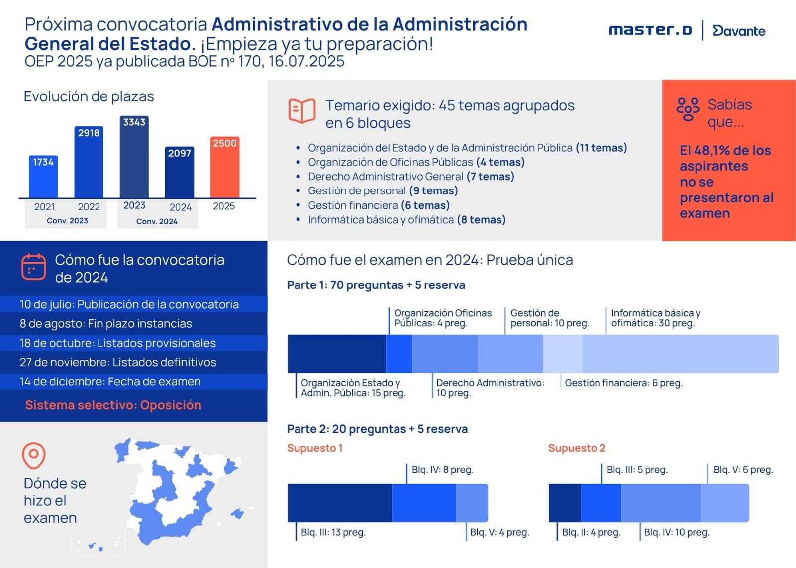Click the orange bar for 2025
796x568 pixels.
click(224, 167)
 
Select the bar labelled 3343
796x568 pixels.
click(134, 157)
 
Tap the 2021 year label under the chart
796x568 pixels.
click(44, 206)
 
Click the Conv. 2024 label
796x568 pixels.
click(157, 221)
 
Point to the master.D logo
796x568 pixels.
click(650, 30)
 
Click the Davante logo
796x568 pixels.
click(739, 31)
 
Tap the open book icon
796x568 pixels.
click(301, 111)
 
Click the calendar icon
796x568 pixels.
click(34, 267)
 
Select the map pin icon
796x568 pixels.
click(34, 456)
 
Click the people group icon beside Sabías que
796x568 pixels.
click(688, 109)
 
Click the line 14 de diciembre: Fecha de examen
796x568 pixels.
click(110, 381)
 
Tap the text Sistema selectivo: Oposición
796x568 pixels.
click(113, 405)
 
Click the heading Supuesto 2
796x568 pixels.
click(577, 448)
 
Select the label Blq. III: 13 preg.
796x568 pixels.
click(333, 532)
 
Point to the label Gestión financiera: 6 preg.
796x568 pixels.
click(624, 383)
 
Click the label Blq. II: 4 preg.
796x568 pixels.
click(592, 532)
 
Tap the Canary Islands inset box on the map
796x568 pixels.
click(98, 543)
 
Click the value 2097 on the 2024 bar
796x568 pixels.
click(180, 153)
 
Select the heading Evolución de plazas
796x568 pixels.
click(89, 96)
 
